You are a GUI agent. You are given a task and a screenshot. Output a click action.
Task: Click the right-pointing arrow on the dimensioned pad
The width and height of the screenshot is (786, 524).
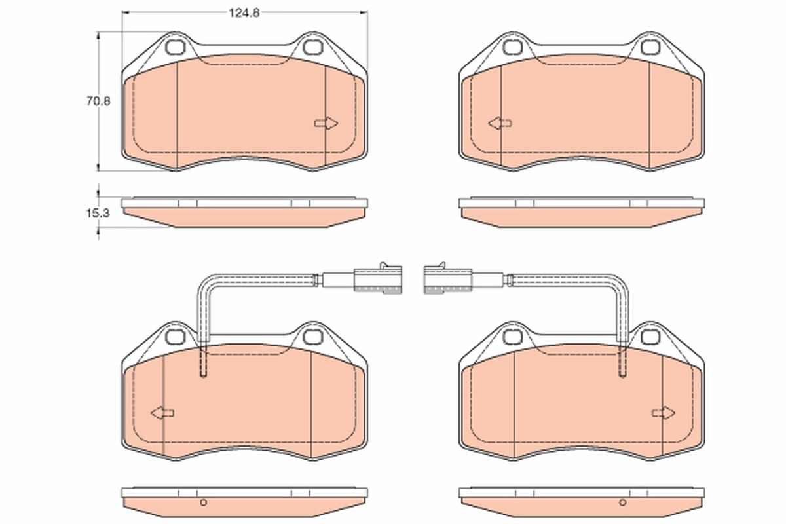pyautogui.click(x=326, y=123)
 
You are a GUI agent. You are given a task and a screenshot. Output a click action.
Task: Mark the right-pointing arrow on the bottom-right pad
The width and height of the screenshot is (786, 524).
pyautogui.click(x=664, y=412)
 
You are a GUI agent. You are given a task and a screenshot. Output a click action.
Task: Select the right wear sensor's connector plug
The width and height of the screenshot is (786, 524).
pyautogui.click(x=447, y=278)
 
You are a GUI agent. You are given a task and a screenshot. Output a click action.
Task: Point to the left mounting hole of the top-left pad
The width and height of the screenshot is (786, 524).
pyautogui.click(x=176, y=47)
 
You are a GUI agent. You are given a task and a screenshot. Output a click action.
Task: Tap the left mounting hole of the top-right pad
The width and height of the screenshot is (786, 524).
pyautogui.click(x=513, y=47)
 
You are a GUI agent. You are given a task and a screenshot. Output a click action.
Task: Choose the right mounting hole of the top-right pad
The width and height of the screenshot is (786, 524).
pyautogui.click(x=650, y=47)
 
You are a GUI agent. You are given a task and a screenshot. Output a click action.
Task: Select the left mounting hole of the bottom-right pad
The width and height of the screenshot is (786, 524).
pyautogui.click(x=513, y=337)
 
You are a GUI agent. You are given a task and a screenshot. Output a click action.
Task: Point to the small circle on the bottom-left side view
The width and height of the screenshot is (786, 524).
pyautogui.click(x=203, y=502)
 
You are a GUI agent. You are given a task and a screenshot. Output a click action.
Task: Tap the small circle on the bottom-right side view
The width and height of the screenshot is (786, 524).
pyautogui.click(x=622, y=502)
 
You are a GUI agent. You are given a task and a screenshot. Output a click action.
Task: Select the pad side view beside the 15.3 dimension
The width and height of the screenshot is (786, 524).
pyautogui.click(x=244, y=211)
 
